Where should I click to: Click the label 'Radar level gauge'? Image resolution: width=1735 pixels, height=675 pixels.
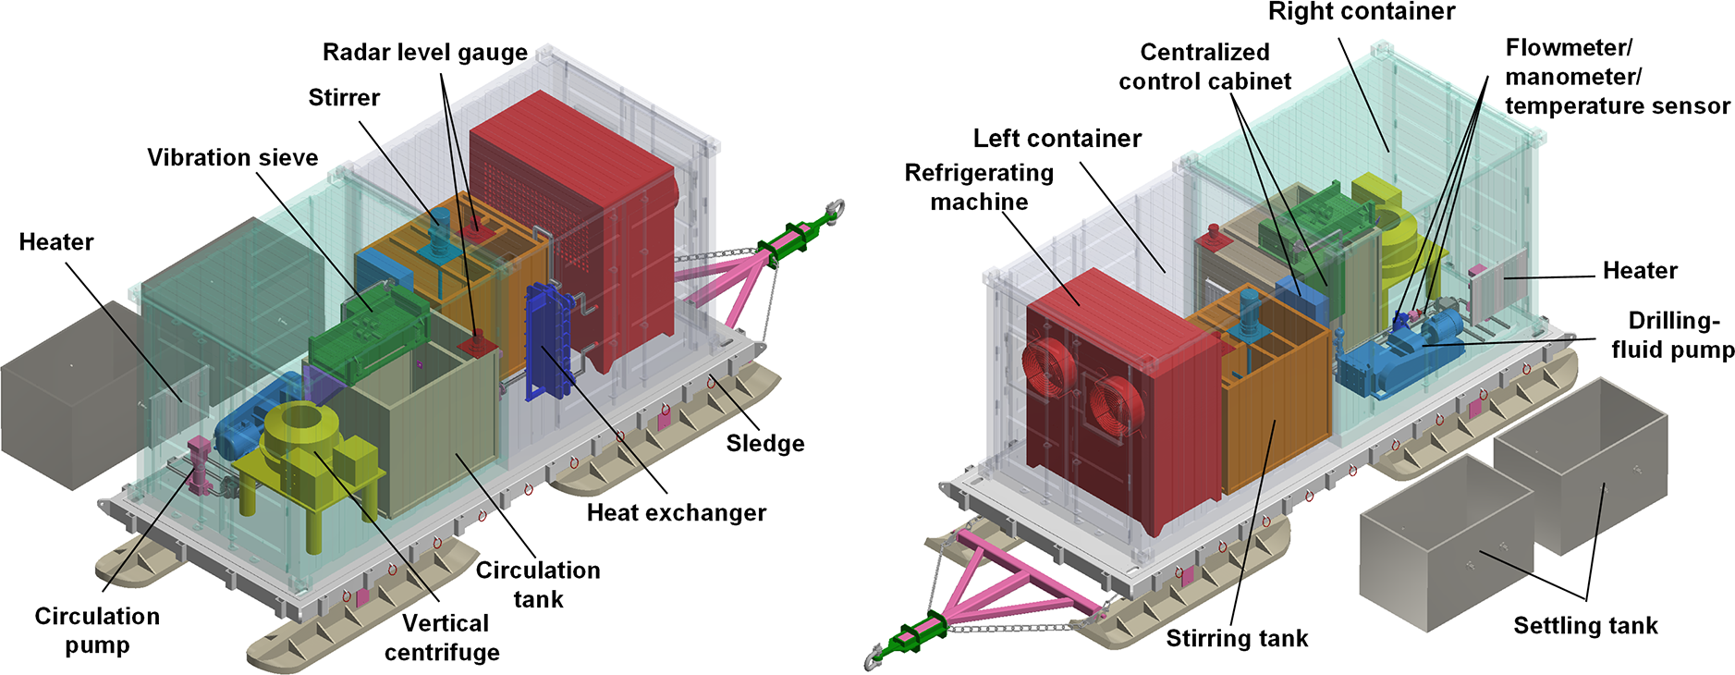(x=424, y=53)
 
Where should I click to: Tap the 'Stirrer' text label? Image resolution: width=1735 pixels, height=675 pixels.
(x=344, y=97)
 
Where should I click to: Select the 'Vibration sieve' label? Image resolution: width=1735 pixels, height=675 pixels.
(x=232, y=158)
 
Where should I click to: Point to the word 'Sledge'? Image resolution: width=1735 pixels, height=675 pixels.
(x=764, y=444)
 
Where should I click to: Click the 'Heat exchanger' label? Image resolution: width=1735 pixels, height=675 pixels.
(x=676, y=513)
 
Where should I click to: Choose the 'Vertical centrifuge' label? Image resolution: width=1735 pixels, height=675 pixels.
(x=443, y=638)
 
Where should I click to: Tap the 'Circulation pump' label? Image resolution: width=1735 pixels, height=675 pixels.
(x=97, y=631)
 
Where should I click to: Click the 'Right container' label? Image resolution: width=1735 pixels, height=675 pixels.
(x=1361, y=12)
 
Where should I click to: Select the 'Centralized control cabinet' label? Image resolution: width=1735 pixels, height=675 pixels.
(x=1204, y=67)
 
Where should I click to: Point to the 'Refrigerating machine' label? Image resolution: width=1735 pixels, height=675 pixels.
(x=979, y=187)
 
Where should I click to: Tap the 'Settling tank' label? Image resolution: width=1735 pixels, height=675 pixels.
(x=1585, y=626)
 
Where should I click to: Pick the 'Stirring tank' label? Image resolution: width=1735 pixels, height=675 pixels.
(x=1237, y=639)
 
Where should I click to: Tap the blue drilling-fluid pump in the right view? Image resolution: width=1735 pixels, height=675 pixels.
(x=1405, y=356)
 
